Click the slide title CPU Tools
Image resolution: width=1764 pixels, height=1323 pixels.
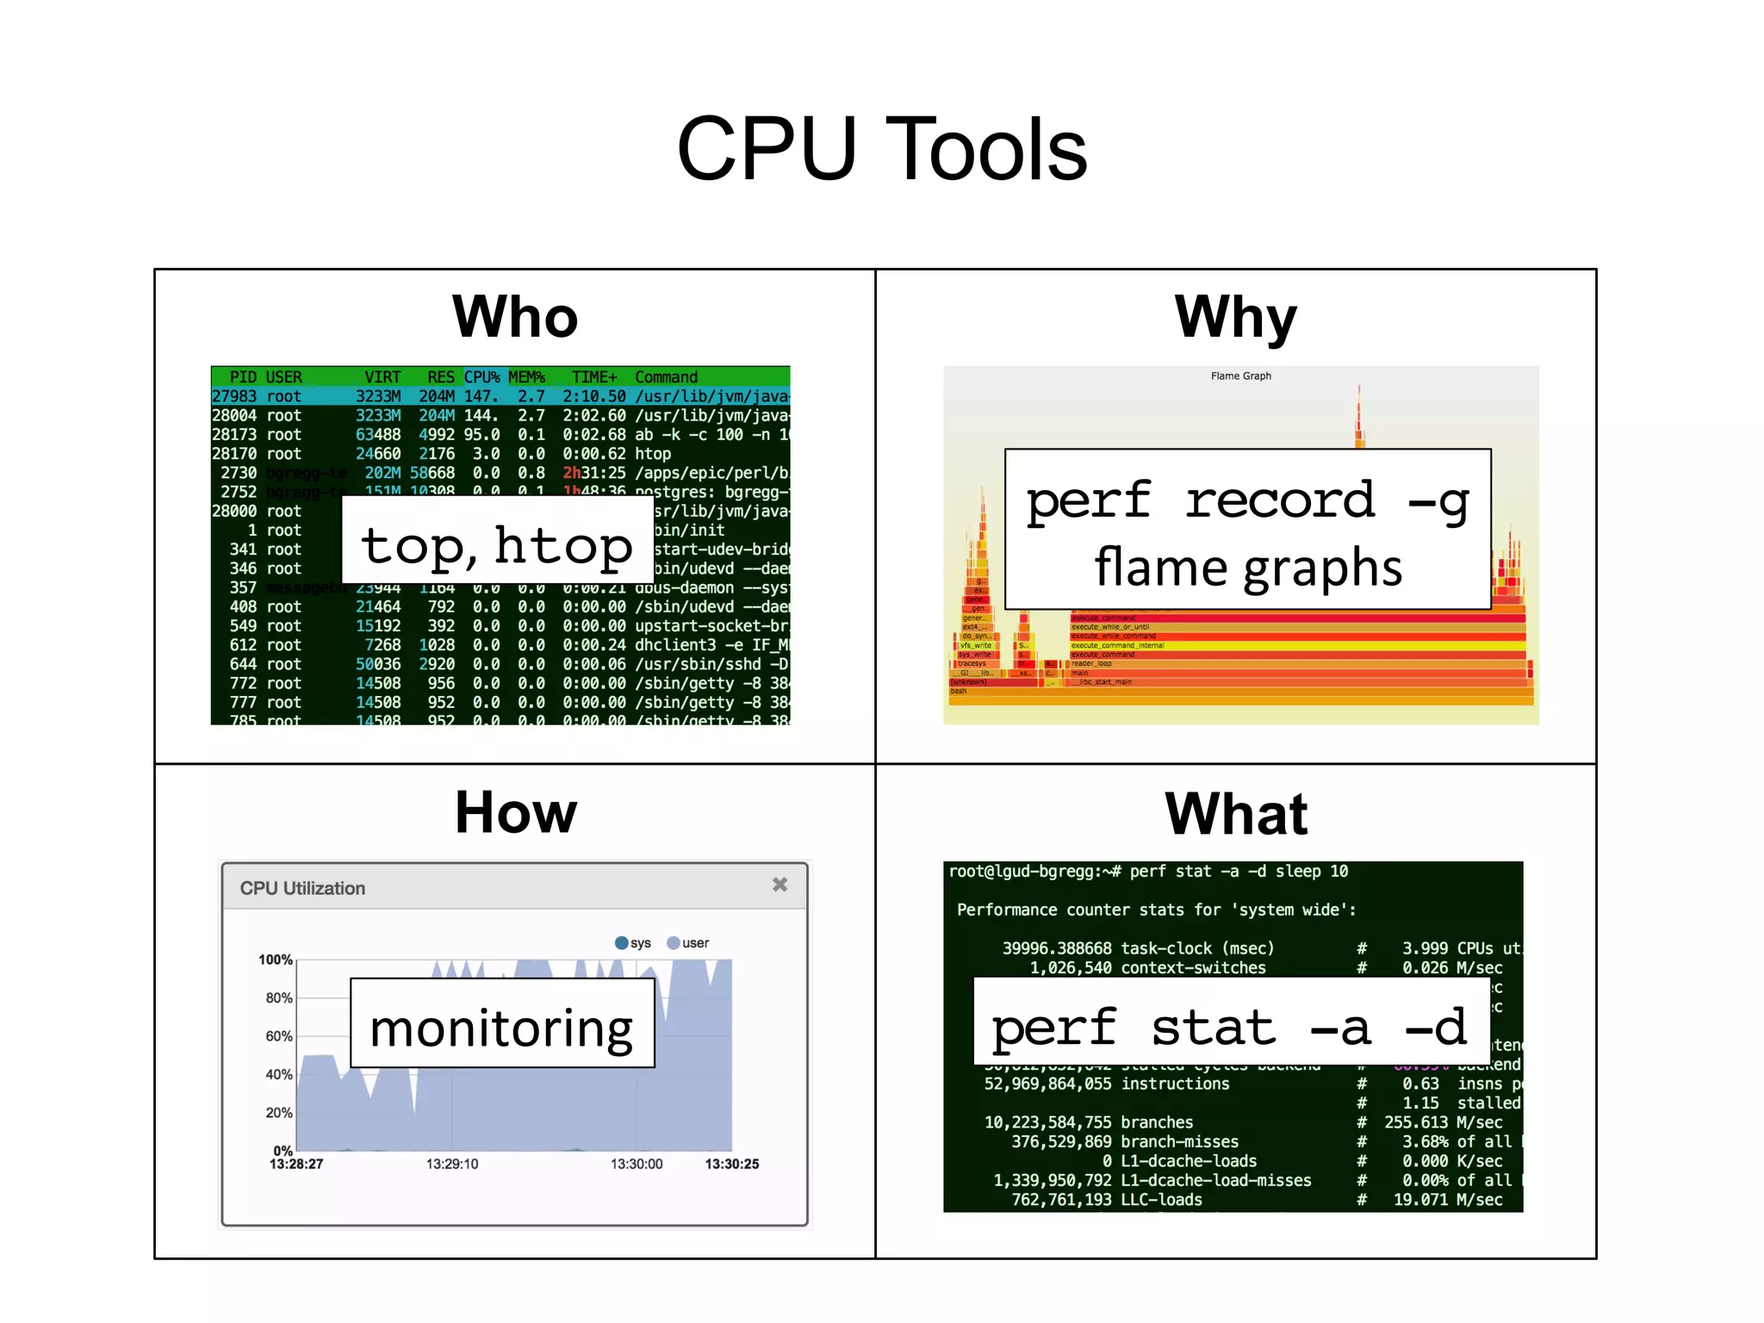click(881, 150)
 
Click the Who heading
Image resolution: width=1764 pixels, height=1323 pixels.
click(515, 317)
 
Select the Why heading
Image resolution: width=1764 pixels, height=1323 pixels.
click(1235, 317)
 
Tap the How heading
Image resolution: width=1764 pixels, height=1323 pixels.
click(515, 812)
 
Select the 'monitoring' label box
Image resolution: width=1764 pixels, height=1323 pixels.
click(502, 1023)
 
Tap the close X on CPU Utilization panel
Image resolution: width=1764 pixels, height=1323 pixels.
click(780, 885)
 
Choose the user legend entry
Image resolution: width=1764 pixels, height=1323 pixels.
click(688, 943)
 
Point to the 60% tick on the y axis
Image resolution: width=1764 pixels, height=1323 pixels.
click(279, 1036)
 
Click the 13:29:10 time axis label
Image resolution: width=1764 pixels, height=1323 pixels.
click(451, 1164)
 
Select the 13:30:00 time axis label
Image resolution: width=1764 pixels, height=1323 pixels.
click(637, 1164)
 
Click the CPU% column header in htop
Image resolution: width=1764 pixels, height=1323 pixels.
click(481, 377)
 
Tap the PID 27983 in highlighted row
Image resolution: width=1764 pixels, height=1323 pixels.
click(234, 396)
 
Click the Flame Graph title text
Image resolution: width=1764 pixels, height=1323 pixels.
click(1240, 376)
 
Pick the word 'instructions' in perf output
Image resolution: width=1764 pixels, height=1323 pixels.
click(1175, 1084)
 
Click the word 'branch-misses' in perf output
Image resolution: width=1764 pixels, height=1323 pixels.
click(1179, 1141)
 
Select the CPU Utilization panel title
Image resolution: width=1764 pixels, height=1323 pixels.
click(302, 888)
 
